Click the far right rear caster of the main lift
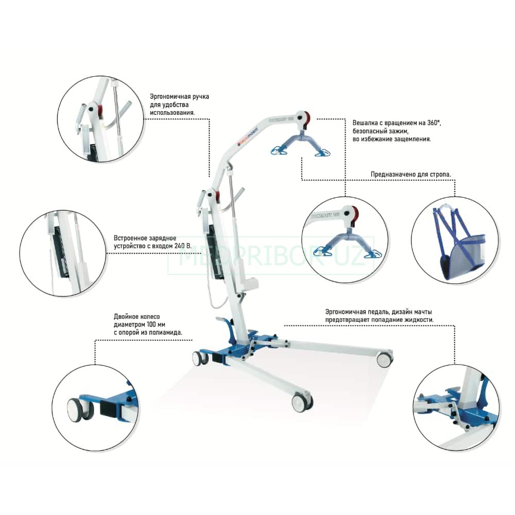click(x=384, y=359)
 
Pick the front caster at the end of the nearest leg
click(x=302, y=402)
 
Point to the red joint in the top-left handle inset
click(x=98, y=110)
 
